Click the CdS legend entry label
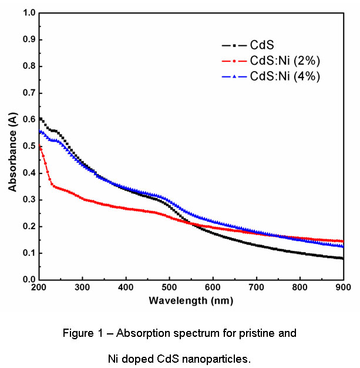pyautogui.click(x=263, y=44)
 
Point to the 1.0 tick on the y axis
pyautogui.click(x=28, y=12)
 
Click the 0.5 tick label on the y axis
pyautogui.click(x=28, y=146)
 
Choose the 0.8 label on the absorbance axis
pyautogui.click(x=28, y=66)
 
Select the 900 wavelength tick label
pyautogui.click(x=343, y=287)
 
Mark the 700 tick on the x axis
pyautogui.click(x=256, y=287)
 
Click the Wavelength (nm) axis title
pyautogui.click(x=191, y=300)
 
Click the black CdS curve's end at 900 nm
pyautogui.click(x=343, y=259)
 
